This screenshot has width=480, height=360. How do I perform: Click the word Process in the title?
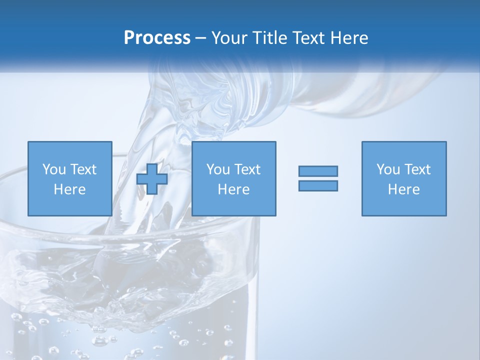[x=157, y=38]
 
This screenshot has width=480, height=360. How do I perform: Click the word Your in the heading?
[x=229, y=38]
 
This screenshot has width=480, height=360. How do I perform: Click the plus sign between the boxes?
[x=152, y=179]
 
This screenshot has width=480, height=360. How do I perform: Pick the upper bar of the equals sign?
[x=318, y=171]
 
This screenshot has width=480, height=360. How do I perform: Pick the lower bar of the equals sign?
[x=318, y=185]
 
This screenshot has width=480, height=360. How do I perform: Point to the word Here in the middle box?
[x=233, y=189]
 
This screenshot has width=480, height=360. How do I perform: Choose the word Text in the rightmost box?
[x=417, y=169]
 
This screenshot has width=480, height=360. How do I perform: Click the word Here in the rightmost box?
[x=403, y=189]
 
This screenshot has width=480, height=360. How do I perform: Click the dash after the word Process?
[x=201, y=38]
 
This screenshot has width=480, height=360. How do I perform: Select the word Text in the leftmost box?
[x=83, y=169]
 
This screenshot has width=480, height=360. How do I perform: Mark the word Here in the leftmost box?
[x=69, y=189]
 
